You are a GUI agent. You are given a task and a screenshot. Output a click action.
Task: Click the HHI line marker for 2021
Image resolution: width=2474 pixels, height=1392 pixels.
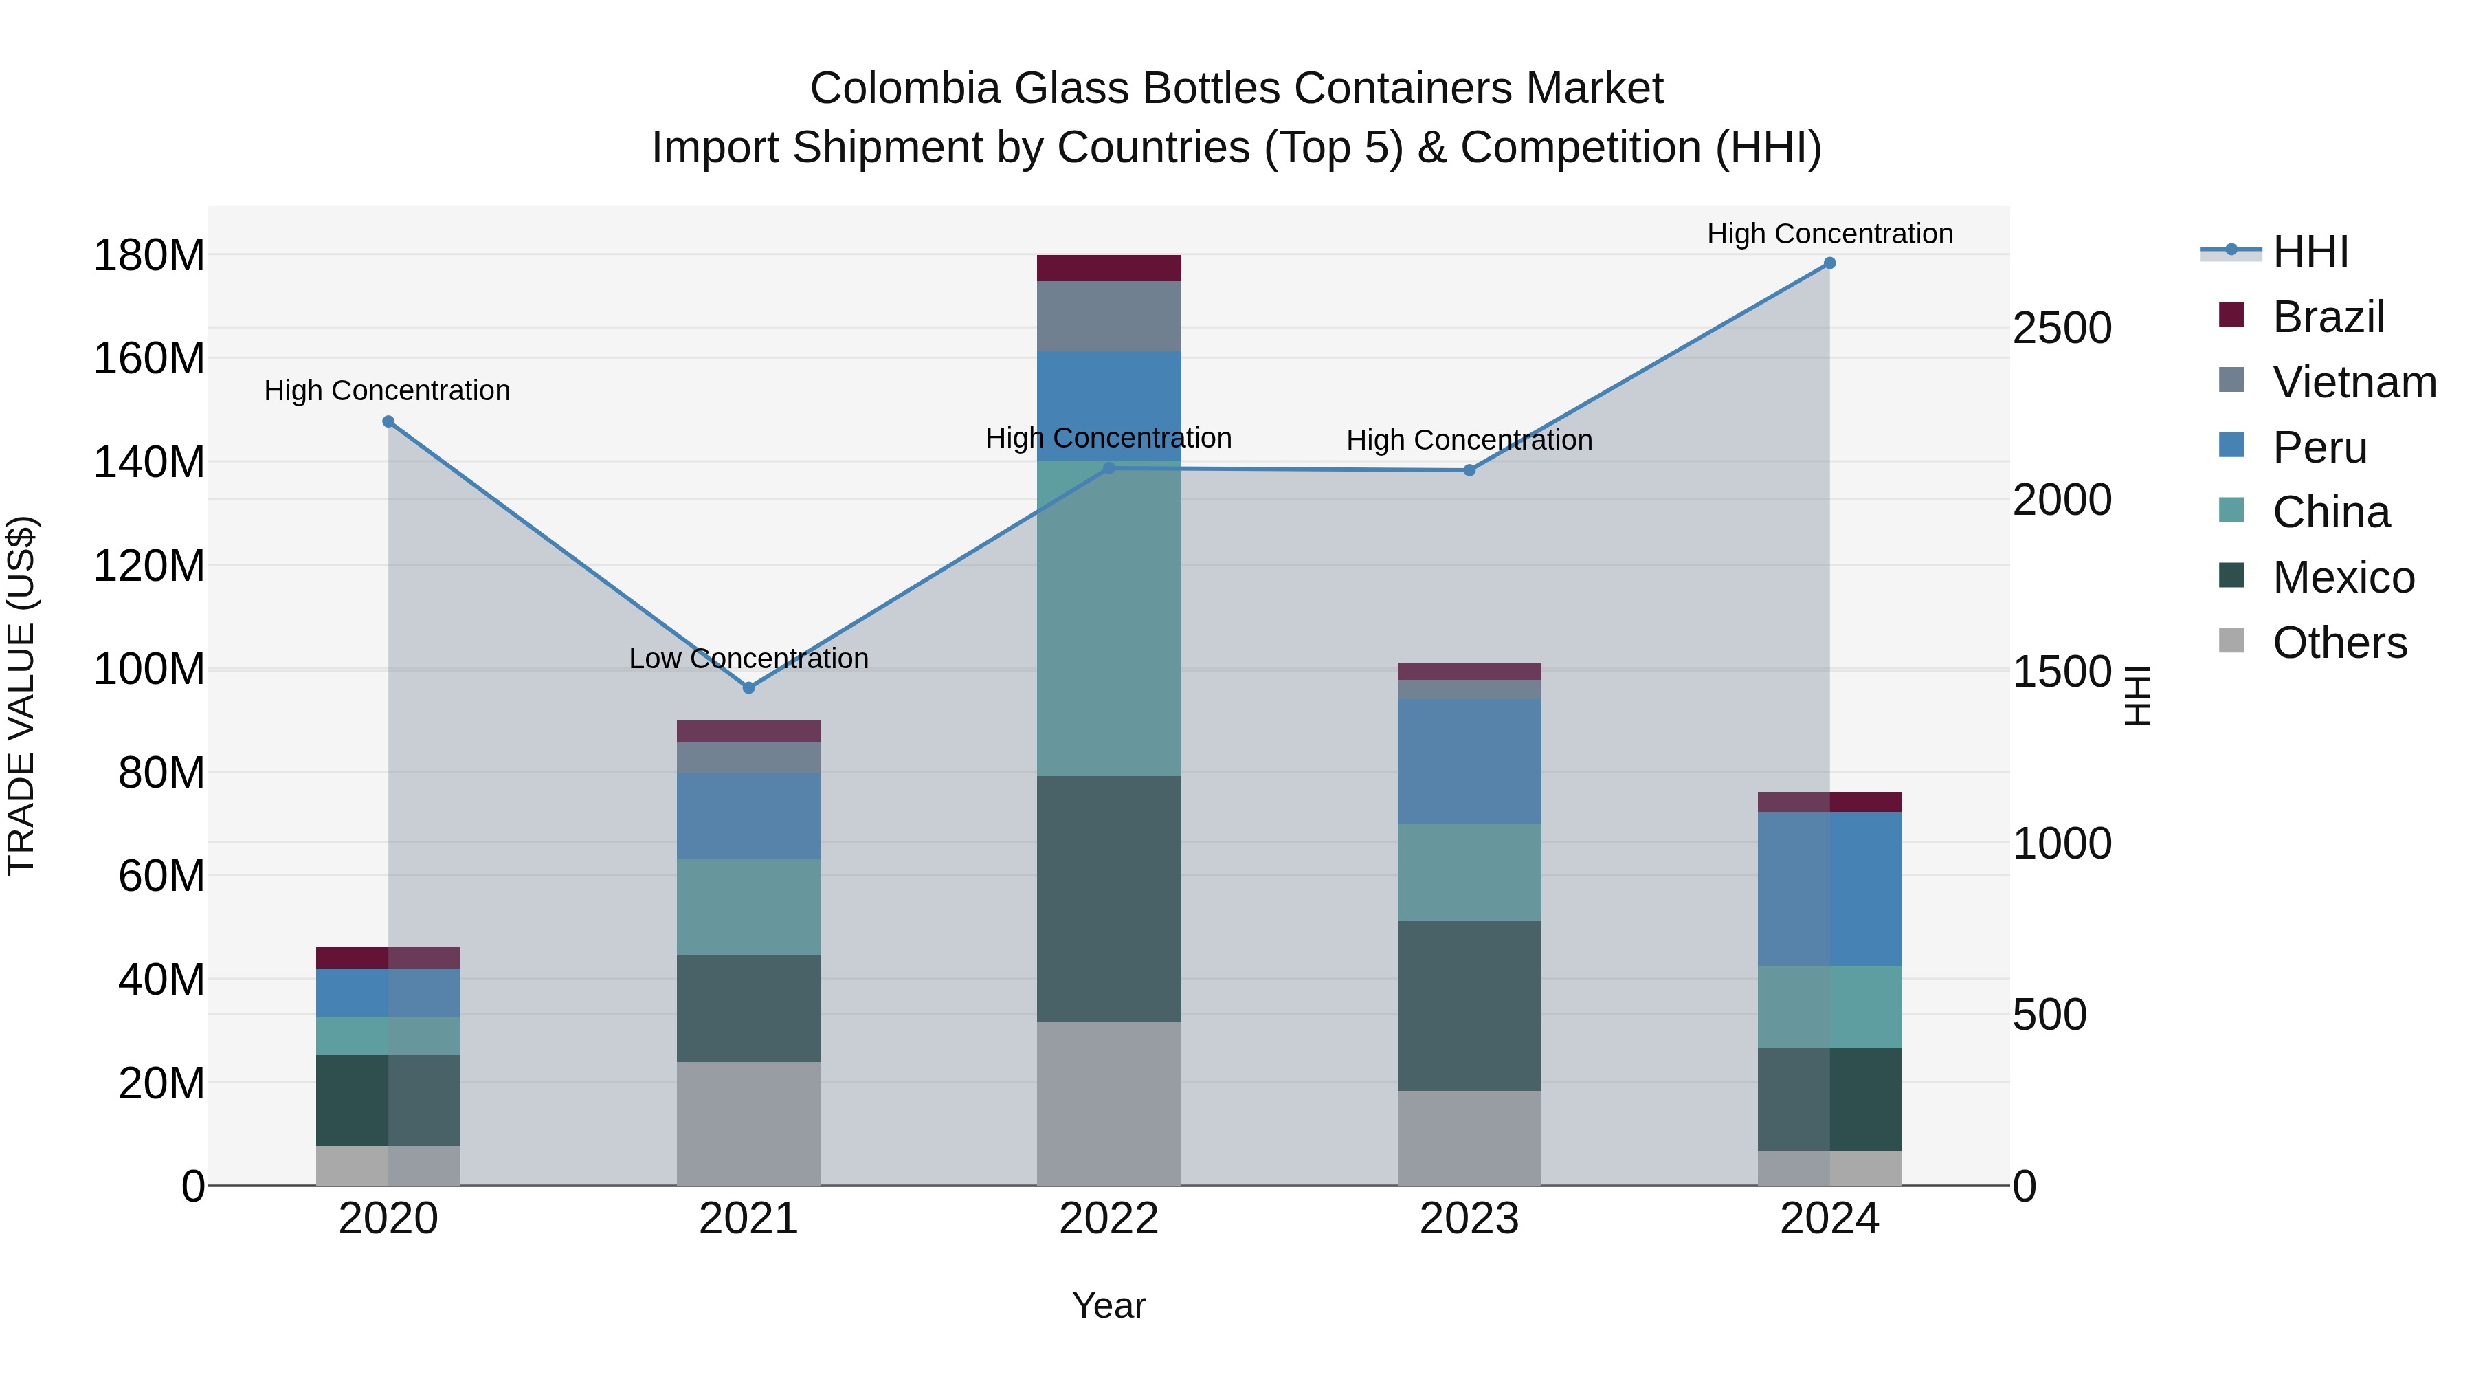[x=748, y=688]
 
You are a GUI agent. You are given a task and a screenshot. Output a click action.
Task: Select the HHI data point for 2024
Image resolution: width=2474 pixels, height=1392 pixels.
[x=1829, y=263]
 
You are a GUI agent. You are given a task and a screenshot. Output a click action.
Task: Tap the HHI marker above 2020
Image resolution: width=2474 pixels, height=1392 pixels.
[x=388, y=422]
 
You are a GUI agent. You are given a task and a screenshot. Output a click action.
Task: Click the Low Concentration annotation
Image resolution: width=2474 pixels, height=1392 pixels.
[x=748, y=659]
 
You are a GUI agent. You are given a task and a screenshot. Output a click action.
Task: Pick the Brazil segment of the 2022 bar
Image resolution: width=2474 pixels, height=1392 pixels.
[x=1108, y=268]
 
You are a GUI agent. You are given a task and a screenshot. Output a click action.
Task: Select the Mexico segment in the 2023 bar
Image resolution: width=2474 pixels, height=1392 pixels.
[x=1469, y=1006]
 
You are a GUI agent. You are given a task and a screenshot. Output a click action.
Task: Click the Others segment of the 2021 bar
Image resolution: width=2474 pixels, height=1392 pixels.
[x=748, y=1123]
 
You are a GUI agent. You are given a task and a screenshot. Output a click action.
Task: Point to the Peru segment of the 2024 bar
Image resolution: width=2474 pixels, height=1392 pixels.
[x=1829, y=889]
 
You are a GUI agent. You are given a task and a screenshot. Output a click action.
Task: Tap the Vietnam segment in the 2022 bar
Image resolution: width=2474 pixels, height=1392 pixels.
[x=1108, y=316]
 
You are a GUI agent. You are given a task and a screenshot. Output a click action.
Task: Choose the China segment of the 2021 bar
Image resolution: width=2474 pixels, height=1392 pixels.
[x=748, y=906]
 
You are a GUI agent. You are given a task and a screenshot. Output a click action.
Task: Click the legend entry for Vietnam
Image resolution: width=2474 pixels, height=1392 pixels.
[x=2353, y=382]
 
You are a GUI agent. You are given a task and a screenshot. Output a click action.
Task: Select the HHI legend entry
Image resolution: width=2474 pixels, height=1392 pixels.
[x=2310, y=252]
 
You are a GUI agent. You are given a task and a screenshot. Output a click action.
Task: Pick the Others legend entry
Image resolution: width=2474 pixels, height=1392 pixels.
[x=2339, y=643]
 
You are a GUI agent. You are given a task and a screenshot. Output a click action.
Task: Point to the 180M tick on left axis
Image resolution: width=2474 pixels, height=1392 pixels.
[x=149, y=256]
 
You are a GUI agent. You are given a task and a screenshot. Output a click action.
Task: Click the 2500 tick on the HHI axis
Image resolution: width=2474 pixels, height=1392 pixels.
[x=2061, y=329]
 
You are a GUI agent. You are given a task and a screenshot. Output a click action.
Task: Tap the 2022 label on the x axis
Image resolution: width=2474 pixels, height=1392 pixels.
[x=1108, y=1219]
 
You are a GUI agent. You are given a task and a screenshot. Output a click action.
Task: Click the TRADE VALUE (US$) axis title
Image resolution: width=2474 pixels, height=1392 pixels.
[x=21, y=696]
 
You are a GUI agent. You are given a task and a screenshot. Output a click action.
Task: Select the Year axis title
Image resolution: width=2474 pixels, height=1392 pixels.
[x=1108, y=1305]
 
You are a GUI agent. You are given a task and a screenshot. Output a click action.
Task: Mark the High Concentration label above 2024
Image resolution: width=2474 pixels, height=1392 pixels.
[x=1829, y=234]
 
